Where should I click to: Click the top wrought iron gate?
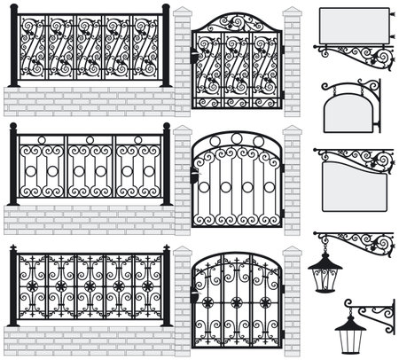236,60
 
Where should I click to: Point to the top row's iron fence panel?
89,49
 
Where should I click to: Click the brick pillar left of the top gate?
183,62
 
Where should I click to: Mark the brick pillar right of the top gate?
292,62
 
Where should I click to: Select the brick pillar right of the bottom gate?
292,301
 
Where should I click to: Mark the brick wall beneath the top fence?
89,100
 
